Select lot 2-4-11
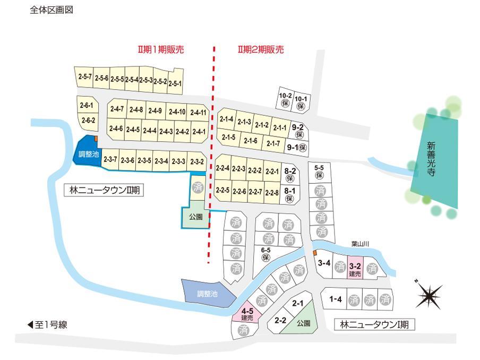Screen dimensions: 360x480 point(198,112)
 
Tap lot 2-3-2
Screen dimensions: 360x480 point(196,161)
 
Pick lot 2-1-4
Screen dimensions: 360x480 point(226,119)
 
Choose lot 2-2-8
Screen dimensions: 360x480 point(272,192)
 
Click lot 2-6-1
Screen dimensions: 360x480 point(86,106)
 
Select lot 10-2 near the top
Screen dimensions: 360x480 point(285,99)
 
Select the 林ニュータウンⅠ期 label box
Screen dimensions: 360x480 point(374,324)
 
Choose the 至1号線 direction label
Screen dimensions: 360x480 point(48,324)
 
